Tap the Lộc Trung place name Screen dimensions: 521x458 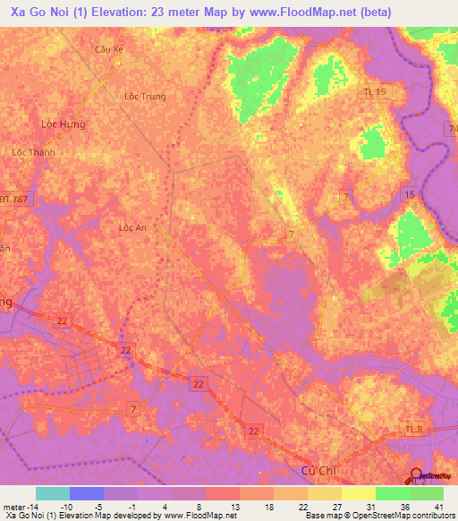click(145, 97)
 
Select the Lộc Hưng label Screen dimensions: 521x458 click(64, 124)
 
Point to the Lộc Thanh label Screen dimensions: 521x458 click(33, 152)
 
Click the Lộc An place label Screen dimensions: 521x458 click(132, 228)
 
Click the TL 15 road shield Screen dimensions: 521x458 click(374, 92)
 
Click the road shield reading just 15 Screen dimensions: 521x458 click(410, 194)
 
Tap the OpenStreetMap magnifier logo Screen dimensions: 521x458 click(416, 476)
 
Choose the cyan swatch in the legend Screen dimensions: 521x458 click(53, 493)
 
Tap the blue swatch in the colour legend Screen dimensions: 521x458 click(87, 493)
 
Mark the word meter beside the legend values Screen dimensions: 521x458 click(13, 506)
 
